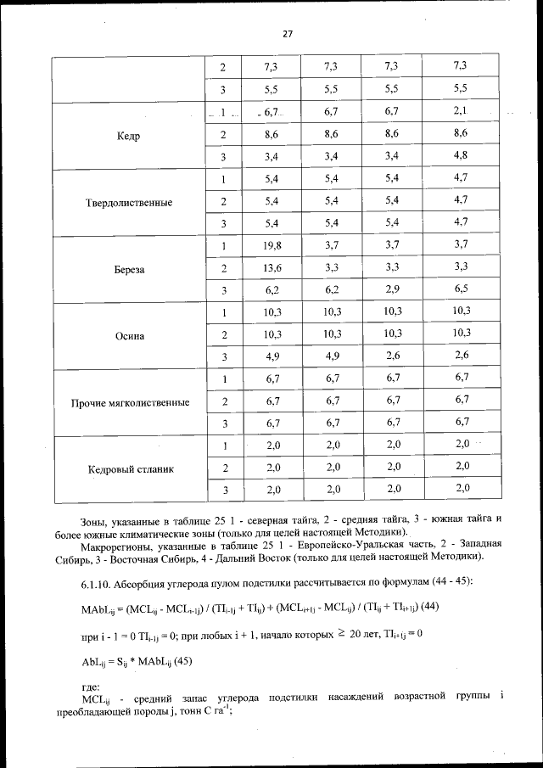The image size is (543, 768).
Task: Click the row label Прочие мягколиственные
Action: click(x=130, y=402)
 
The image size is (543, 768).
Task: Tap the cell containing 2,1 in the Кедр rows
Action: click(x=462, y=111)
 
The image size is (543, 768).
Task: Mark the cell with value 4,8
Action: click(x=462, y=155)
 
